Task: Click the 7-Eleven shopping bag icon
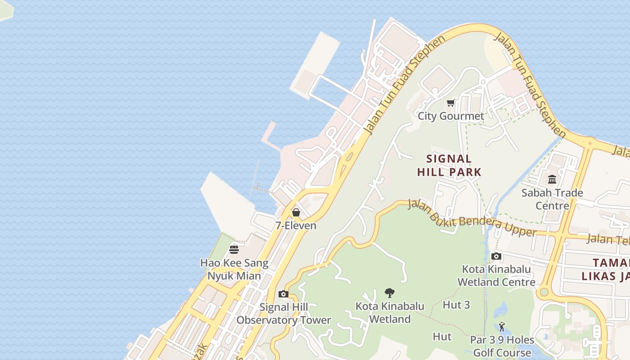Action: (x=296, y=212)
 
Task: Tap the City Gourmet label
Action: (x=451, y=116)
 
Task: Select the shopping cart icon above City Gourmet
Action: (x=451, y=103)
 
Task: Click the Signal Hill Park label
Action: (x=449, y=165)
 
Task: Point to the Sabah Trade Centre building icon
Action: (x=552, y=180)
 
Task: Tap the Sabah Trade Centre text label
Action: (x=552, y=199)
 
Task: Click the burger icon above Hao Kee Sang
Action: (x=234, y=249)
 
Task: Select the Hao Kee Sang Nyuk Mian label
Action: (x=234, y=270)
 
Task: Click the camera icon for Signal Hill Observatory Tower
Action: (x=283, y=294)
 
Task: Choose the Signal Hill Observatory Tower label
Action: (x=283, y=314)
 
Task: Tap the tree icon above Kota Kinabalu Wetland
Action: (x=390, y=293)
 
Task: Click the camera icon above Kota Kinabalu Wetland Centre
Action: (x=496, y=256)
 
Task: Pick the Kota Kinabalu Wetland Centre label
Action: (x=496, y=276)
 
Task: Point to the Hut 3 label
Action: (x=456, y=305)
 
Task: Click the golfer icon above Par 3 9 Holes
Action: (x=502, y=327)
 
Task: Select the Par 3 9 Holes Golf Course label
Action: (x=502, y=346)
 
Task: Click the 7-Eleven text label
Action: (x=296, y=226)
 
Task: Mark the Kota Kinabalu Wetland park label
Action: (x=390, y=313)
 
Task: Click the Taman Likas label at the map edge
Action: (x=610, y=270)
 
